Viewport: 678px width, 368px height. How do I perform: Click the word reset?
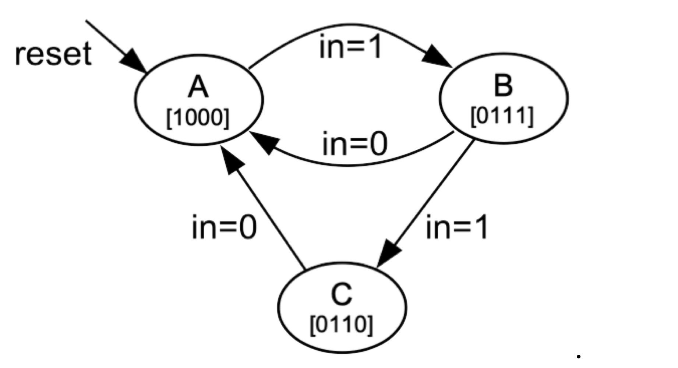coord(53,54)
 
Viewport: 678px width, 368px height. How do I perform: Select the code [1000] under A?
coord(198,118)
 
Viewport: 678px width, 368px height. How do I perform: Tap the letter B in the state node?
coord(503,85)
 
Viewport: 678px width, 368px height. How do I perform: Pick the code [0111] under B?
coord(502,116)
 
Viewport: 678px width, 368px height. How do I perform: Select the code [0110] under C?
coord(342,325)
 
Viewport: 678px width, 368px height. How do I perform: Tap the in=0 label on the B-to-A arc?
coord(354,144)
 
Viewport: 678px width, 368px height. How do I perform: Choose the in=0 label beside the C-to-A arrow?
coord(224,227)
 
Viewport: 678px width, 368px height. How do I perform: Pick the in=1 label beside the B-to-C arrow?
coord(456,227)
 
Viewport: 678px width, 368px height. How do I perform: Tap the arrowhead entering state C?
coord(388,253)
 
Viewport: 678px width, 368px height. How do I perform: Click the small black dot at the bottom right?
coord(579,356)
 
